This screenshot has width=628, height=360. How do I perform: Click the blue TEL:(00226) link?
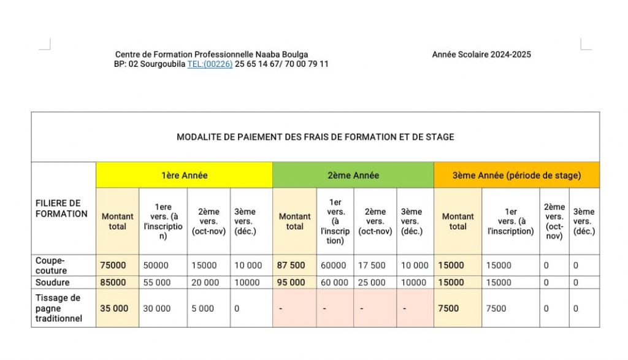(x=210, y=64)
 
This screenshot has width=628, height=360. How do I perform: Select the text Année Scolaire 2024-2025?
(x=481, y=55)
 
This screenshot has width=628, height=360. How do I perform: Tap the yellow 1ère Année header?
(x=184, y=175)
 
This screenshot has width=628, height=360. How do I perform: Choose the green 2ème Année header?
(x=353, y=175)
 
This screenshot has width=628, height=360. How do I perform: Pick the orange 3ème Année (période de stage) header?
(x=516, y=175)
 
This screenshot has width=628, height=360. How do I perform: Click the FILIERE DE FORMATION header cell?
(x=61, y=209)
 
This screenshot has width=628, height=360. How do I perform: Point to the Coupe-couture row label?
(x=52, y=266)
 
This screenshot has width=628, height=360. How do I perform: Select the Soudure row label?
(x=53, y=283)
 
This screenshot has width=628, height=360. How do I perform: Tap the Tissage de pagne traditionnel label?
(x=58, y=308)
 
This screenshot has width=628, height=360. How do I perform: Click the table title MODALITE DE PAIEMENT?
(x=315, y=137)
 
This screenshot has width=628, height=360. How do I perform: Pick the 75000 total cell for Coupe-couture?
(x=113, y=266)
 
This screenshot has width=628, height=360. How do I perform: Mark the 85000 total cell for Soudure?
(x=113, y=283)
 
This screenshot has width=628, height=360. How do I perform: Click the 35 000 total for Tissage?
(x=114, y=308)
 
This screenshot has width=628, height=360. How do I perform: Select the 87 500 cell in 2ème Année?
(x=292, y=266)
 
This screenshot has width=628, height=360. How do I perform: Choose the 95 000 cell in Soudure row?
(x=292, y=283)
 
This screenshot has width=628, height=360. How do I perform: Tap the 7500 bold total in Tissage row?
(x=448, y=308)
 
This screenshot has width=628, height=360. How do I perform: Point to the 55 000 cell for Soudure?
(x=157, y=283)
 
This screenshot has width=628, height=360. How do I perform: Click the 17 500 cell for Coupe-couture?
(x=372, y=266)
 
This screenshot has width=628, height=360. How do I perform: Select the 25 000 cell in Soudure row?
(x=372, y=283)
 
